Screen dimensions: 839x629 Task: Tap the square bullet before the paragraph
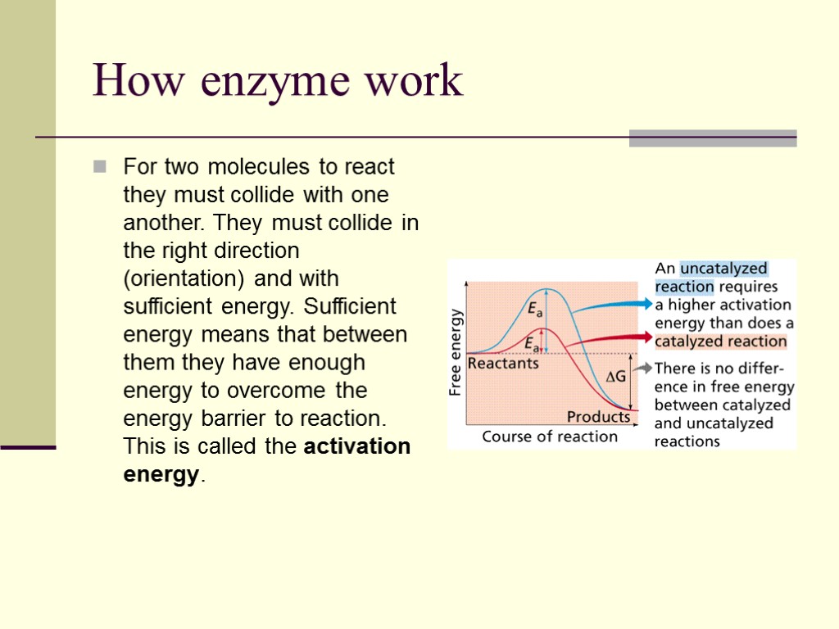pos(100,167)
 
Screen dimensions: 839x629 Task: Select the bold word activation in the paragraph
pos(357,446)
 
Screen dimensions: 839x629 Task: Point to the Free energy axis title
pos(456,352)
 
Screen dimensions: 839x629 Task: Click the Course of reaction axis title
pos(550,437)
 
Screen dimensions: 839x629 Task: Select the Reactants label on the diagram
pos(503,363)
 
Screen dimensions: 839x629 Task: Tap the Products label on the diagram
pos(599,416)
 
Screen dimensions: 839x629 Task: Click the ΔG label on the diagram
pos(615,378)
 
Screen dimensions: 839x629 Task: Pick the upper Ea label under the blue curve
pos(535,309)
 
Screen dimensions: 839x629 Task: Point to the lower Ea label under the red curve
pos(533,343)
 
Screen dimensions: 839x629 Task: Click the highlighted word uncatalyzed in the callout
pos(723,269)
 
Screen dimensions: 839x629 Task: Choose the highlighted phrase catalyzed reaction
pos(721,342)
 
